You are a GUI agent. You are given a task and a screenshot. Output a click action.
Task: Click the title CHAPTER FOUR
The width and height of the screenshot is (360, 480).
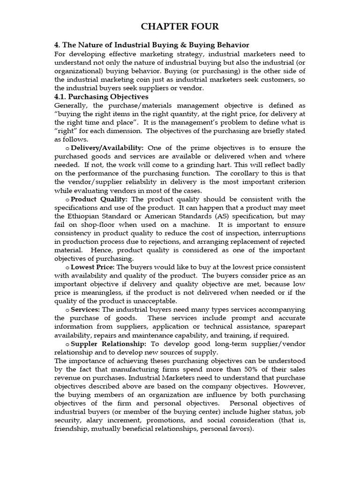coord(180,26)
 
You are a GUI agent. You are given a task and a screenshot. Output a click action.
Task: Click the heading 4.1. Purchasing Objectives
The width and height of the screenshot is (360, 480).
coord(101,97)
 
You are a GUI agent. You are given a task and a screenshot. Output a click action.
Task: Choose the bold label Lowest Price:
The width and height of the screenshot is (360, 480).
coord(92,267)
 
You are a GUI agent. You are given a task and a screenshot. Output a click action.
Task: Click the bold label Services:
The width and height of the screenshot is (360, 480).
coord(85,309)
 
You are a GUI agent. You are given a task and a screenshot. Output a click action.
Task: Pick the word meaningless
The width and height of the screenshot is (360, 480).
coord(92,292)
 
